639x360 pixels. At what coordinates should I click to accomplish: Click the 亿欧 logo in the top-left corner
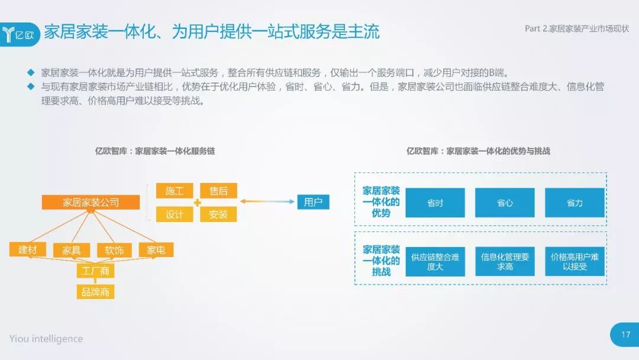point(20,34)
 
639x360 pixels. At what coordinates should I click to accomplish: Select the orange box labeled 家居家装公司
point(91,202)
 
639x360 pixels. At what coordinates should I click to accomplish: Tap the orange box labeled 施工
point(175,191)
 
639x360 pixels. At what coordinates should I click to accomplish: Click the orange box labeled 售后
point(218,191)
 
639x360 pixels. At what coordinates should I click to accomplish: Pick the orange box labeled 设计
point(175,214)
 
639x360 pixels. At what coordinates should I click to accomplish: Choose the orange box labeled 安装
point(218,214)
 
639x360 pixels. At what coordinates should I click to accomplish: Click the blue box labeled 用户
point(313,202)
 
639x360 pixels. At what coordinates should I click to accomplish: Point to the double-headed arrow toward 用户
point(267,202)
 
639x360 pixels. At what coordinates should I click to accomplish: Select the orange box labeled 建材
point(27,250)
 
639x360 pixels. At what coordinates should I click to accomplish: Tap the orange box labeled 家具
point(71,250)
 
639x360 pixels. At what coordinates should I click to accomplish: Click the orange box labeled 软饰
point(114,250)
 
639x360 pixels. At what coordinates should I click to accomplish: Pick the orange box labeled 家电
point(156,250)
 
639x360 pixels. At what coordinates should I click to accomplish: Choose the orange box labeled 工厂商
point(95,271)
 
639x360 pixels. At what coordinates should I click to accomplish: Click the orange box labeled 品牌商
point(95,291)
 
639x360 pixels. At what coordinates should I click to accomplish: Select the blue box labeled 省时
point(435,203)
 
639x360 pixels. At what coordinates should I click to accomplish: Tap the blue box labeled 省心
point(505,203)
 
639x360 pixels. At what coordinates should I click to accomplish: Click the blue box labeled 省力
point(575,203)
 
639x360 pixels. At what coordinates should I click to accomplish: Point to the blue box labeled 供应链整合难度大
point(435,262)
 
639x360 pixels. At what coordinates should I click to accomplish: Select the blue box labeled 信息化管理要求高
point(505,262)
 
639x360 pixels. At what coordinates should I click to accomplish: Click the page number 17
point(625,335)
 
